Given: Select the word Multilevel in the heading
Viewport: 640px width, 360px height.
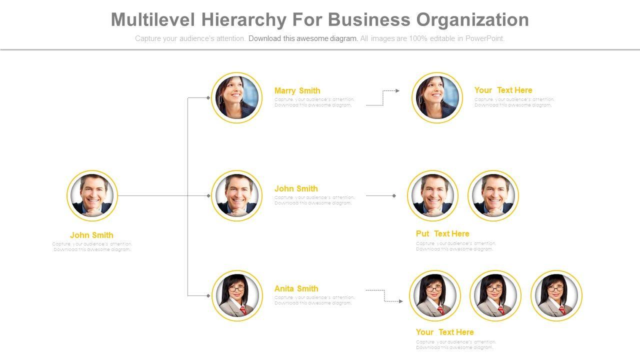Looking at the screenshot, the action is coord(153,20).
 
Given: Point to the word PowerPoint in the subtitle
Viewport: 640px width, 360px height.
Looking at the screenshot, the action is coord(484,38).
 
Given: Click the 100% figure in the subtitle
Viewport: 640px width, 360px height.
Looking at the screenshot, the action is coord(417,38).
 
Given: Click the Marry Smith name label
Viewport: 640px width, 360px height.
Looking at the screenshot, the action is coord(297,90).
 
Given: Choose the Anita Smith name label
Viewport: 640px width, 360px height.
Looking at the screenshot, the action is coord(296,288).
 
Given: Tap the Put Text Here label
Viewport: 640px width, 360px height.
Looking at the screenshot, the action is coord(442,233).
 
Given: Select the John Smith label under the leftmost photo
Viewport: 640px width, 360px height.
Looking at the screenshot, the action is coord(91,235).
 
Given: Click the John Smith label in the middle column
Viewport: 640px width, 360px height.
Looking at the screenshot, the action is coord(296,188).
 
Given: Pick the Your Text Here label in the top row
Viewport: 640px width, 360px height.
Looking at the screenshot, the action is coord(503,90).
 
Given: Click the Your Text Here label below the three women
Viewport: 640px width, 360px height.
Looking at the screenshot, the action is coord(444,332).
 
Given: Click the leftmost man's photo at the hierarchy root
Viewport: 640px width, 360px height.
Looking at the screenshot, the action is coord(92,196).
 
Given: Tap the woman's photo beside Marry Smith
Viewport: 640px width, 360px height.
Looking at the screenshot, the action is coord(237,97).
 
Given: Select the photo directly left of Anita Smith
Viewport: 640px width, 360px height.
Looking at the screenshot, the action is coord(237,295).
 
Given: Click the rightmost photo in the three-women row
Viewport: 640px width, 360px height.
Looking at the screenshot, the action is coord(556,295).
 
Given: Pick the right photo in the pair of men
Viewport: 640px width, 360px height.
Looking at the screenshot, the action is coord(493,196).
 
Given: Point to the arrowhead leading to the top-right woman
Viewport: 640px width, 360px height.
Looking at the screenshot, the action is coord(397,91).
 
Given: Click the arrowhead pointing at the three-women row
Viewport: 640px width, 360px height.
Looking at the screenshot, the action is coord(400,301).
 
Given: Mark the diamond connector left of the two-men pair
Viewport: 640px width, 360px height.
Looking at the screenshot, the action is coord(394,196).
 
